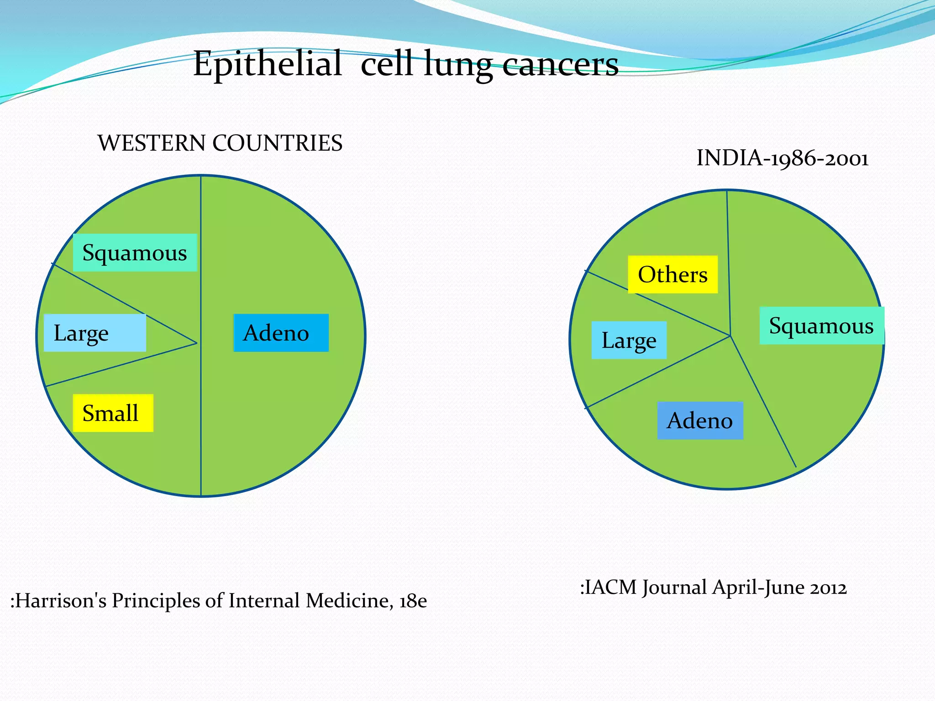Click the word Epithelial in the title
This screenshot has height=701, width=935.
268,63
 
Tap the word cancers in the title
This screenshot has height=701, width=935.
560,64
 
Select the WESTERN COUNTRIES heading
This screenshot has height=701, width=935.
220,143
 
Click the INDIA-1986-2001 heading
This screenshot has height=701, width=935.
782,158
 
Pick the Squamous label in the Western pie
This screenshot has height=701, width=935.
135,253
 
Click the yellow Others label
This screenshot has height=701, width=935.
672,275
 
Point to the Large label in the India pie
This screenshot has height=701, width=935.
629,340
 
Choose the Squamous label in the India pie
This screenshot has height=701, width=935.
821,326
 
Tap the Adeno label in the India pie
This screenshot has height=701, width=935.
699,420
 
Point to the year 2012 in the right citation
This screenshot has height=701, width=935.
828,588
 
